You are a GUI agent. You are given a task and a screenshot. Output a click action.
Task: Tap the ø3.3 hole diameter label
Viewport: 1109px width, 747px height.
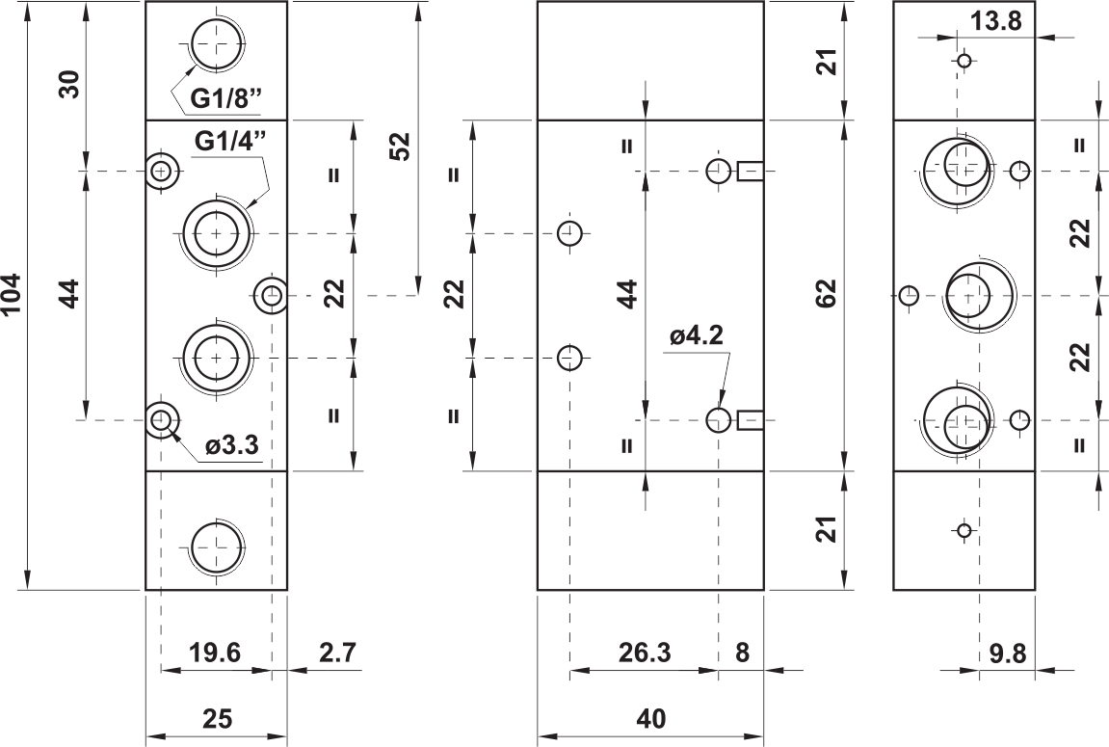[232, 445]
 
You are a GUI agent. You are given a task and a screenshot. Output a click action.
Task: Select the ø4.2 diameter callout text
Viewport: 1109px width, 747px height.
[697, 335]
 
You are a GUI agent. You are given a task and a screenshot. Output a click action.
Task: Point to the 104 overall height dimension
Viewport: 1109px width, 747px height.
[13, 295]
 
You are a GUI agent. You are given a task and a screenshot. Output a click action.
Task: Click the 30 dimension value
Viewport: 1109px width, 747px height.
[72, 85]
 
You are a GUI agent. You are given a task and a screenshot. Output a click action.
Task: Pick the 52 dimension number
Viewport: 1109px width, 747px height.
[400, 147]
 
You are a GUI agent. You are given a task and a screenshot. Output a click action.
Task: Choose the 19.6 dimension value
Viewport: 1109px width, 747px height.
[215, 653]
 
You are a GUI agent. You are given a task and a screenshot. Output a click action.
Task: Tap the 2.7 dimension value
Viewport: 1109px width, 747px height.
[336, 653]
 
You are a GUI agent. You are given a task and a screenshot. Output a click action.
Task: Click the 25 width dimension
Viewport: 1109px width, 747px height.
[217, 719]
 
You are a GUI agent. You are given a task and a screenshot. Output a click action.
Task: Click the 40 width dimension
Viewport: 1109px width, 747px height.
[650, 719]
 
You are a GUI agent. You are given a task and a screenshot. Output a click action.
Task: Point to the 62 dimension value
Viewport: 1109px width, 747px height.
[826, 294]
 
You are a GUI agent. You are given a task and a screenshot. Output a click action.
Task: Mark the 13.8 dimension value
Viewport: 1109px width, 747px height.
[995, 22]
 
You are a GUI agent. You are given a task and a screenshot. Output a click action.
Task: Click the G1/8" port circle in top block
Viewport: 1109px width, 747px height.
[217, 44]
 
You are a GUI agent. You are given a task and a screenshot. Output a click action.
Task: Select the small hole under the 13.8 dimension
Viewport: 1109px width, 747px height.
[964, 61]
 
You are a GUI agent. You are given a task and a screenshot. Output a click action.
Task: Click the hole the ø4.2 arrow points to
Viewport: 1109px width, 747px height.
[719, 420]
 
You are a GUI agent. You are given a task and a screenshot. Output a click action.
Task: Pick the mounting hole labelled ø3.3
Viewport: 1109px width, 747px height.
[162, 420]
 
